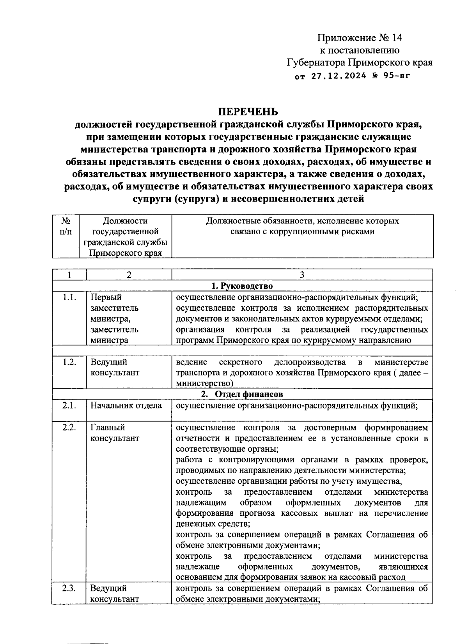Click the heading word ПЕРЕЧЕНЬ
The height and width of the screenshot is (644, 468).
[x=248, y=111]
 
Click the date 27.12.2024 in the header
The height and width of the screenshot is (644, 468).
[x=339, y=76]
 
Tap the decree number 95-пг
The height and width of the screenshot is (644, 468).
[x=397, y=76]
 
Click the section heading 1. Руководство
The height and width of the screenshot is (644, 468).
[x=242, y=286]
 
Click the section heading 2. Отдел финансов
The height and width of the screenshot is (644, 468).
[x=242, y=394]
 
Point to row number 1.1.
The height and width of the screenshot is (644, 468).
[x=69, y=297]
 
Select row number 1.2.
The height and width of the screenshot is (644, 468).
[x=69, y=362]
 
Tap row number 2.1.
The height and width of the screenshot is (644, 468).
[x=69, y=405]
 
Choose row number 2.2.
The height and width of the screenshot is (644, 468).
[x=69, y=427]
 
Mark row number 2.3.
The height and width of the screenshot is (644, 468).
[x=69, y=588]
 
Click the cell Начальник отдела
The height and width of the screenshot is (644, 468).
[x=126, y=405]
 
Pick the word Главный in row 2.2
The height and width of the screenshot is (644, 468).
[x=108, y=427]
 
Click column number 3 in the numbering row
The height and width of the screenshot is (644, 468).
[x=302, y=275]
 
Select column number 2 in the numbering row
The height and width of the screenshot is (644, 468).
[x=129, y=275]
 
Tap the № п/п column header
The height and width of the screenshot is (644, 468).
[x=66, y=226]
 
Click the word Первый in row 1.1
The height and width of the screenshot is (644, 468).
[x=106, y=297]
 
